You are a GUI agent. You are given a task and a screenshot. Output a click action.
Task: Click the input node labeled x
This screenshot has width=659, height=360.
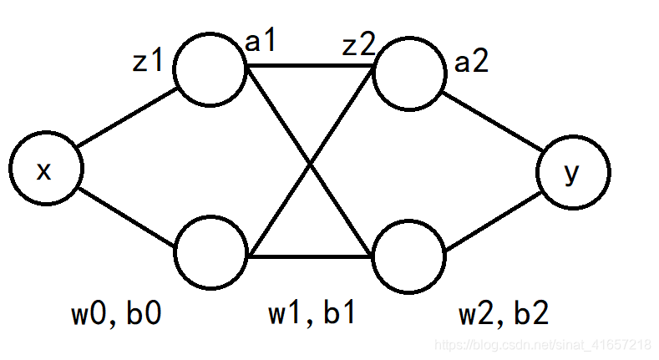(x=45, y=170)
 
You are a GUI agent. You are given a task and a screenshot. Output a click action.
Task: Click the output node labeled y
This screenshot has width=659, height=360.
(x=573, y=174)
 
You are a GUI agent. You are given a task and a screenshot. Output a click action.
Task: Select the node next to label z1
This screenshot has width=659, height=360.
(x=210, y=70)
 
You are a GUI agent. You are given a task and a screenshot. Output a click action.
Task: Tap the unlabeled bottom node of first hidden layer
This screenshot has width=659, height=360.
(x=210, y=252)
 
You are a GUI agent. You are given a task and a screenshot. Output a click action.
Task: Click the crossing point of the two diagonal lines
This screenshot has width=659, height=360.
(x=311, y=165)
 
